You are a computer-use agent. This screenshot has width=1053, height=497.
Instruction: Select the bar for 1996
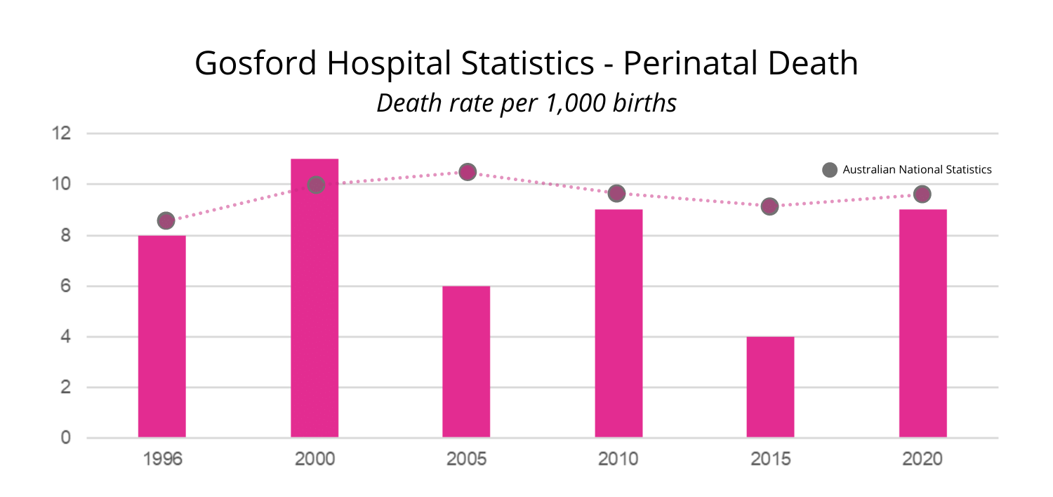pyautogui.click(x=161, y=336)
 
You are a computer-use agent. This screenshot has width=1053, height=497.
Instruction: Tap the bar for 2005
pyautogui.click(x=466, y=362)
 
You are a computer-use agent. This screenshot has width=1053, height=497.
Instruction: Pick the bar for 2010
pyautogui.click(x=618, y=324)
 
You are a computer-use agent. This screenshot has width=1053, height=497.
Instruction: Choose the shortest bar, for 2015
pyautogui.click(x=770, y=387)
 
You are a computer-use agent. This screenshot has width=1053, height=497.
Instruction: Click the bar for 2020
pyautogui.click(x=922, y=324)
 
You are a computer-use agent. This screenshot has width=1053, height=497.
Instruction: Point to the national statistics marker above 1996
pyautogui.click(x=166, y=220)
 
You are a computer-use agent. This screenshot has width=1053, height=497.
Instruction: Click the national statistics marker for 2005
pyautogui.click(x=468, y=172)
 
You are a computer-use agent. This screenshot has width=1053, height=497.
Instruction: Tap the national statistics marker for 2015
pyautogui.click(x=770, y=206)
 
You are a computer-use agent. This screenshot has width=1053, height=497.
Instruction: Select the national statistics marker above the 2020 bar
pyautogui.click(x=922, y=194)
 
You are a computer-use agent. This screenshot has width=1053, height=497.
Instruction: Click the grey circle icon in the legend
pyautogui.click(x=830, y=170)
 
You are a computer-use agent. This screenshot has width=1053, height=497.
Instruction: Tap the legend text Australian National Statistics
pyautogui.click(x=917, y=170)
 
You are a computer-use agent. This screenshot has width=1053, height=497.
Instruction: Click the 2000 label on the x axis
pyautogui.click(x=314, y=460)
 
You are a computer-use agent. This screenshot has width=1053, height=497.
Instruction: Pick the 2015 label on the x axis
pyautogui.click(x=770, y=460)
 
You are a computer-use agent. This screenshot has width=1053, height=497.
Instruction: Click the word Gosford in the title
pyautogui.click(x=253, y=64)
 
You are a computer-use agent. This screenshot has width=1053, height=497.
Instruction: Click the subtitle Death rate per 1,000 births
pyautogui.click(x=526, y=103)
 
